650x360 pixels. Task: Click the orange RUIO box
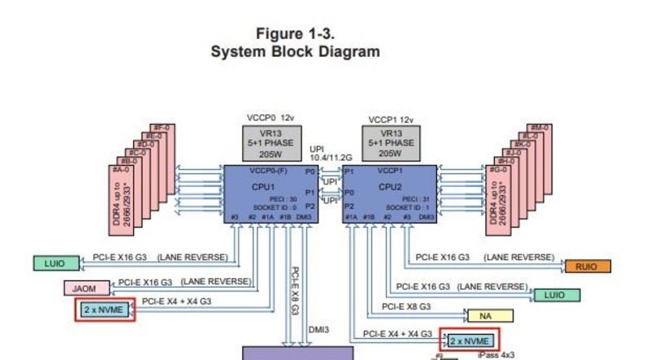click(586, 266)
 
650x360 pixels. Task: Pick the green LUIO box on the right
click(554, 293)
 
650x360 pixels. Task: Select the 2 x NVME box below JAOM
click(104, 309)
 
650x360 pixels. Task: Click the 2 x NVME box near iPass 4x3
click(470, 340)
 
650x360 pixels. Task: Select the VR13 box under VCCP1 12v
click(391, 143)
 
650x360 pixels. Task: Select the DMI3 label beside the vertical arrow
click(321, 331)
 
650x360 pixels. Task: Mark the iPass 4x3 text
click(496, 355)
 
